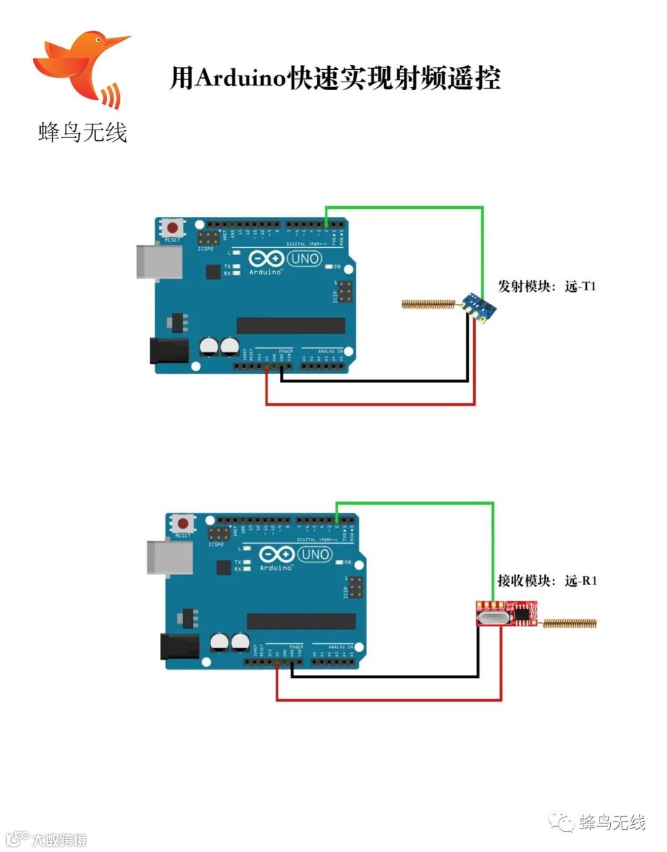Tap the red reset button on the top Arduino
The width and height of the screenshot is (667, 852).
tap(172, 227)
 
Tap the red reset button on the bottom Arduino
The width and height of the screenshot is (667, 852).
tap(183, 523)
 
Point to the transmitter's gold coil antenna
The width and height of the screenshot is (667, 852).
tap(429, 303)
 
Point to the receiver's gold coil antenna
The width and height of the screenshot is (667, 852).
tap(570, 623)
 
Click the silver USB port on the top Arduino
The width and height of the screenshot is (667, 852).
tap(159, 261)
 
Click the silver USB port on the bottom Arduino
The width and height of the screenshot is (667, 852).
tap(170, 557)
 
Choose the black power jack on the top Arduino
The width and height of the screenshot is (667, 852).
tap(169, 350)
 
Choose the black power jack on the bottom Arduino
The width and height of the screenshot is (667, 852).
tap(180, 646)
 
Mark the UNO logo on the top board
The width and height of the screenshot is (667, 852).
tap(304, 258)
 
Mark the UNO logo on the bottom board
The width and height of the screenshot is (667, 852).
tap(314, 554)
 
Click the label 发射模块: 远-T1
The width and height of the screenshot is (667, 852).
tap(547, 286)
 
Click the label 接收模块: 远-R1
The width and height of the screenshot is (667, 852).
tap(547, 581)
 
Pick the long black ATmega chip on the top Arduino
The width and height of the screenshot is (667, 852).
tap(290, 326)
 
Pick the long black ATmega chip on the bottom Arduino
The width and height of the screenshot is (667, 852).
tap(301, 621)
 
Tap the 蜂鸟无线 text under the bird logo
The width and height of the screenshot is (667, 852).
tap(82, 132)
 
